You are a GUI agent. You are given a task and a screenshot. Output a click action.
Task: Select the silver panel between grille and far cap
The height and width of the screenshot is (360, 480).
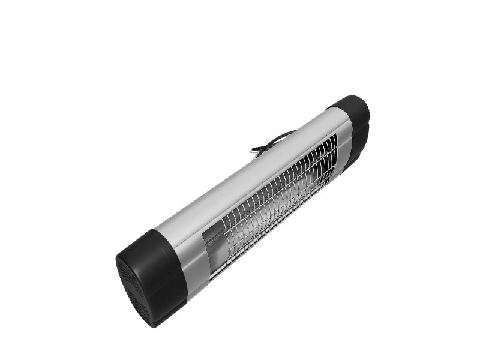pos(342,150)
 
